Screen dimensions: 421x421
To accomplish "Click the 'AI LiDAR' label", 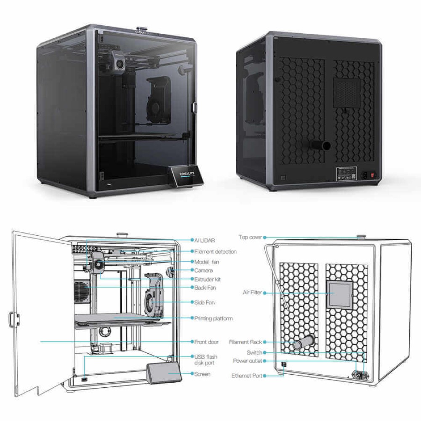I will [x=205, y=240].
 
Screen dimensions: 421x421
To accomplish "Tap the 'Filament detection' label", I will [x=216, y=252].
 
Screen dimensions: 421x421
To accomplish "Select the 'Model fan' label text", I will [x=207, y=262].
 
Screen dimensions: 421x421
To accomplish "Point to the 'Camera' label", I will [x=203, y=271].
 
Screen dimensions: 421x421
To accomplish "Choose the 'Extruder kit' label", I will [x=208, y=280].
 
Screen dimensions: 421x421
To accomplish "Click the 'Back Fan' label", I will [x=205, y=288].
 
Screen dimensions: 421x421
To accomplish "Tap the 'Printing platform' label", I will [x=213, y=319].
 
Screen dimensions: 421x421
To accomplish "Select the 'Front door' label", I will [x=206, y=342].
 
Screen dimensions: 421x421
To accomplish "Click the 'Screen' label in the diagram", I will [x=202, y=374].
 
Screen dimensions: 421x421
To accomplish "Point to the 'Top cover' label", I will [x=250, y=237].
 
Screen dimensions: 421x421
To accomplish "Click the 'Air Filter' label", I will [x=253, y=292].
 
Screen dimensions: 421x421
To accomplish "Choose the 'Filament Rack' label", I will [x=245, y=342].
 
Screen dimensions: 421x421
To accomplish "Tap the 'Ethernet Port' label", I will [x=247, y=375].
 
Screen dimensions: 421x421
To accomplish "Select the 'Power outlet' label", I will [x=248, y=361].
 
